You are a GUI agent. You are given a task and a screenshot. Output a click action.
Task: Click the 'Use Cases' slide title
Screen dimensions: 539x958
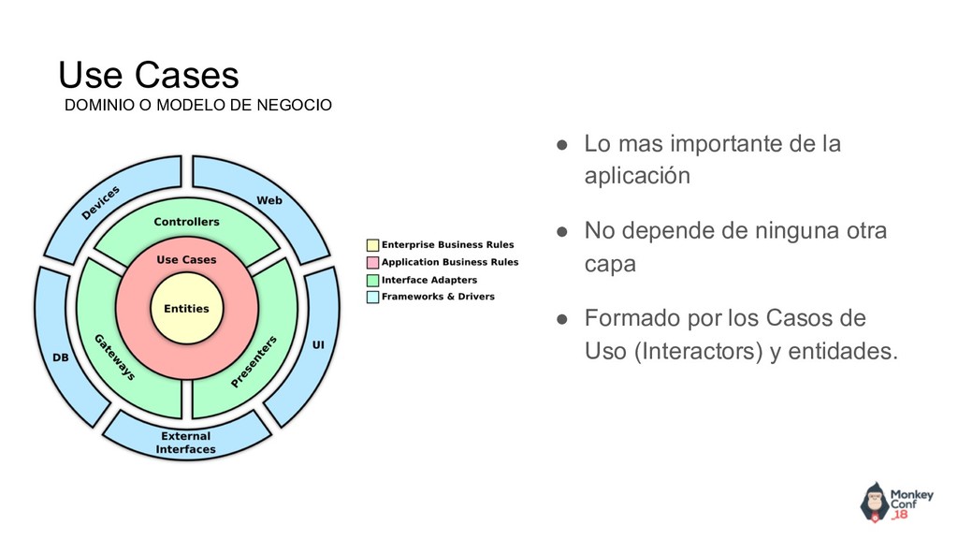pos(148,75)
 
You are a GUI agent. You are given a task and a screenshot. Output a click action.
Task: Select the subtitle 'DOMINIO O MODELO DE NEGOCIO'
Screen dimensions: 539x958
pos(196,105)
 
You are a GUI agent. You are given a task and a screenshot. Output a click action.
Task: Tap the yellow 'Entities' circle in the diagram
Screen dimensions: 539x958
pos(186,308)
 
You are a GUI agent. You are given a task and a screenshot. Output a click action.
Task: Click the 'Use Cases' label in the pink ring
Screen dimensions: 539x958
pos(186,259)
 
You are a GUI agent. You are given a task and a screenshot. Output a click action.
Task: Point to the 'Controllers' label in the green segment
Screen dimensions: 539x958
pos(186,222)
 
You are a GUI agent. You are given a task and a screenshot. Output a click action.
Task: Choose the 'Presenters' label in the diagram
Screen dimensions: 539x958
pos(254,362)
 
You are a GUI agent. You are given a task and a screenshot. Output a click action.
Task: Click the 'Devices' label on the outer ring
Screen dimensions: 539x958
pos(101,202)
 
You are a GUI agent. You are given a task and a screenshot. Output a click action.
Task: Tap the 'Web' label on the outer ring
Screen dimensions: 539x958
pos(269,200)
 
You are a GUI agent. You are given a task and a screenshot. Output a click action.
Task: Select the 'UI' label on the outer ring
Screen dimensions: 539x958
pos(318,345)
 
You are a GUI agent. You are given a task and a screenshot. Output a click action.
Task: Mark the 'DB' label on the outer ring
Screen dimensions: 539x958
pos(60,357)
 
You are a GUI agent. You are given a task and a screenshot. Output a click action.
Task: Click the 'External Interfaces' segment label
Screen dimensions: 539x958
pos(185,443)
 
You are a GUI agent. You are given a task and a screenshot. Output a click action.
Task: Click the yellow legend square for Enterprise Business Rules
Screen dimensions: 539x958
pos(372,245)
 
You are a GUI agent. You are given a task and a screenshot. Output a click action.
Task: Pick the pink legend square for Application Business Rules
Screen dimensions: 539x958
pos(372,262)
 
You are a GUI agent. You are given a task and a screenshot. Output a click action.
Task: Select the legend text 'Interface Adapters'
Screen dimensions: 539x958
pos(428,280)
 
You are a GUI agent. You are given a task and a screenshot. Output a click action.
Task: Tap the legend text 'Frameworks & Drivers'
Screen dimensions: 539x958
pos(438,297)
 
